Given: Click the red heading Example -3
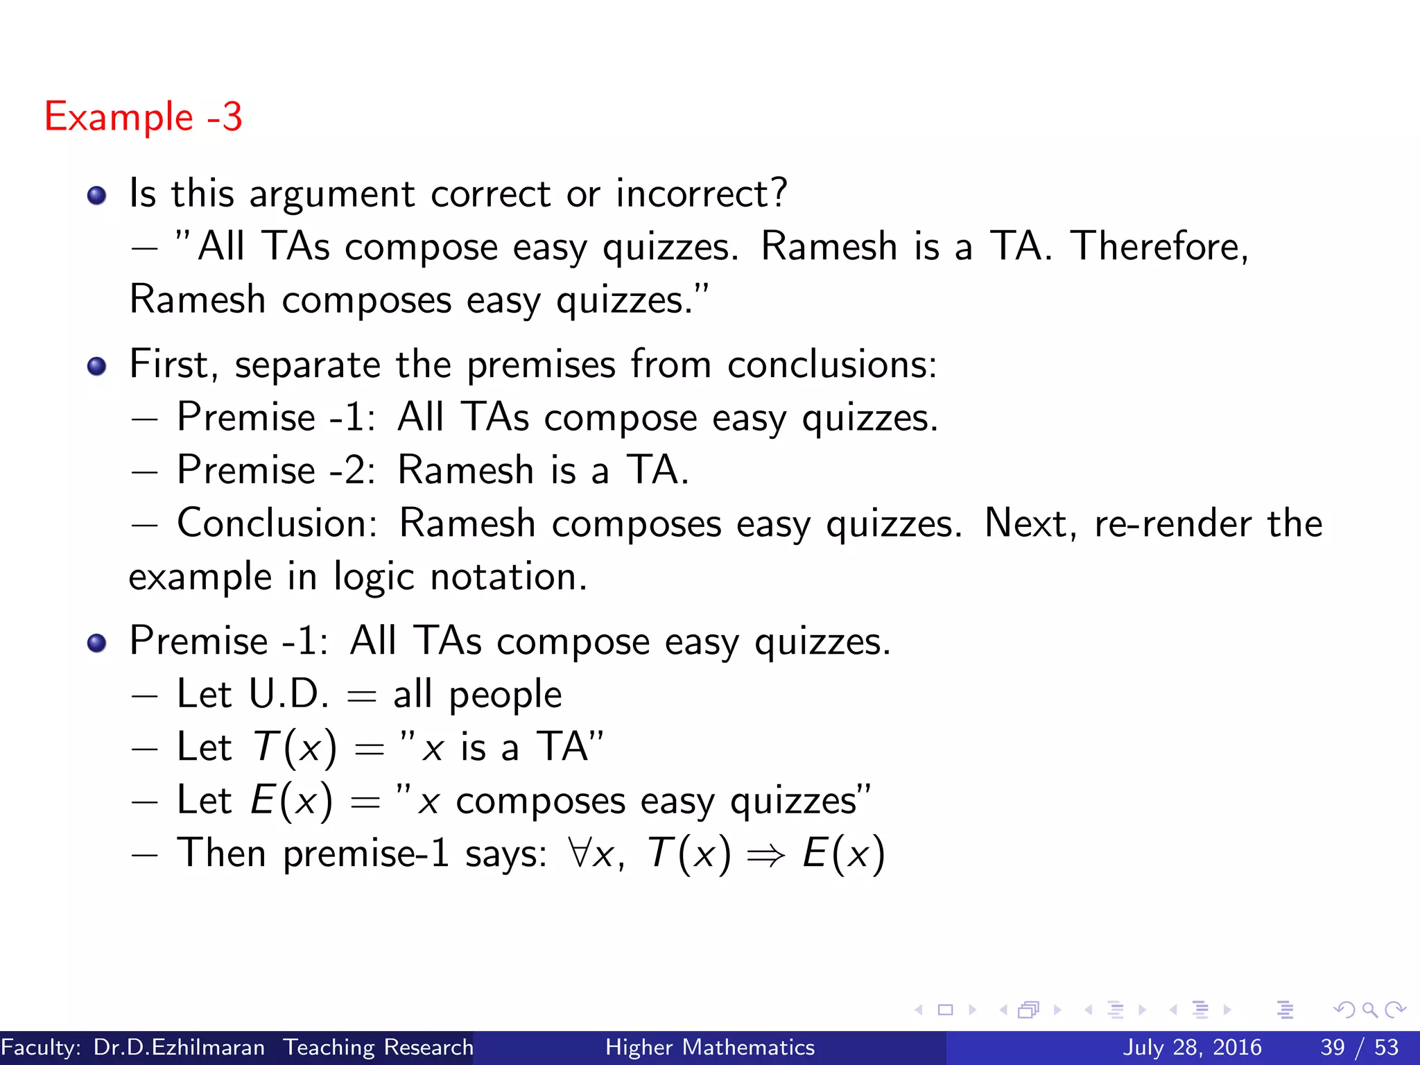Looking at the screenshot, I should pyautogui.click(x=143, y=116).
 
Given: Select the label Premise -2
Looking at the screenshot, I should pyautogui.click(x=276, y=470).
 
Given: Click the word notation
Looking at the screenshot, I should pyautogui.click(x=508, y=577).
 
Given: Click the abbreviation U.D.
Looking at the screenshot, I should pyautogui.click(x=288, y=694).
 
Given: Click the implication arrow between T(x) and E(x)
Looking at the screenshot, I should pyautogui.click(x=766, y=856).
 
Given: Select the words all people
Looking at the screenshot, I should pyautogui.click(x=477, y=694).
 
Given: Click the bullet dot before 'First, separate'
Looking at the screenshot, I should pyautogui.click(x=97, y=365).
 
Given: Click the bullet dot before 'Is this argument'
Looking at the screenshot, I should pyautogui.click(x=97, y=195).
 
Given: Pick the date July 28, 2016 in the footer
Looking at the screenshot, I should pyautogui.click(x=1192, y=1047).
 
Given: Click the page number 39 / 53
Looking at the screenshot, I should pyautogui.click(x=1360, y=1047).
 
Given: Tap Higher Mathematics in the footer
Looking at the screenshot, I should pyautogui.click(x=710, y=1047).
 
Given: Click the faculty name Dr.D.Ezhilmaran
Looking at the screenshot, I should pyautogui.click(x=179, y=1047).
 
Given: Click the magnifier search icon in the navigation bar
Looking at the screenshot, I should pyautogui.click(x=1369, y=1010).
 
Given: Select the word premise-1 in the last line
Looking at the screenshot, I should pyautogui.click(x=366, y=854).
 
